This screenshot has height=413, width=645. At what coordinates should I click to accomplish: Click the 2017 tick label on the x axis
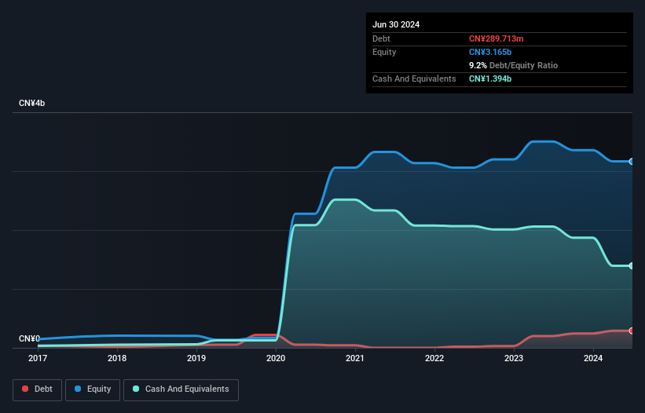(37, 358)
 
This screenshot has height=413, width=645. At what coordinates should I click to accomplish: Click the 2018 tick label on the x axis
(117, 358)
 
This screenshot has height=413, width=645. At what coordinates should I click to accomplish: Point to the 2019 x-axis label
(196, 358)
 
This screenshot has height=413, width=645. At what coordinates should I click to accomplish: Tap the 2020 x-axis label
(276, 358)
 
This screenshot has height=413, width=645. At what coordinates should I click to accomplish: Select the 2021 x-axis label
(355, 358)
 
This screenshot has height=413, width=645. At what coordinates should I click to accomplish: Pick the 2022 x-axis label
(434, 358)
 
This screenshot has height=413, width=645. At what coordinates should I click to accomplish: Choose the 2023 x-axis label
(514, 358)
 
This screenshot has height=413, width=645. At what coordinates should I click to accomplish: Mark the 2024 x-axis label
(593, 358)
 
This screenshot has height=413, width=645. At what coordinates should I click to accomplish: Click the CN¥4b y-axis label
(32, 104)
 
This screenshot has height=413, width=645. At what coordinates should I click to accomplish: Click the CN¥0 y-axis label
(29, 338)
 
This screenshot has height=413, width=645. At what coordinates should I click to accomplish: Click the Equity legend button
(93, 389)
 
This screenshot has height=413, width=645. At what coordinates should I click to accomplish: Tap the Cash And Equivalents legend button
(181, 389)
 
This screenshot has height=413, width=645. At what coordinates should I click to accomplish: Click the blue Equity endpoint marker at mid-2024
(632, 161)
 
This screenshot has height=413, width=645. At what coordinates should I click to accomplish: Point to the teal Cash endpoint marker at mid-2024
(632, 265)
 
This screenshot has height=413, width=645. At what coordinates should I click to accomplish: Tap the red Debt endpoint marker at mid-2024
(632, 331)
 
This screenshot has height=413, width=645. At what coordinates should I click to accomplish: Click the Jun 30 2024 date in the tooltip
(396, 24)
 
